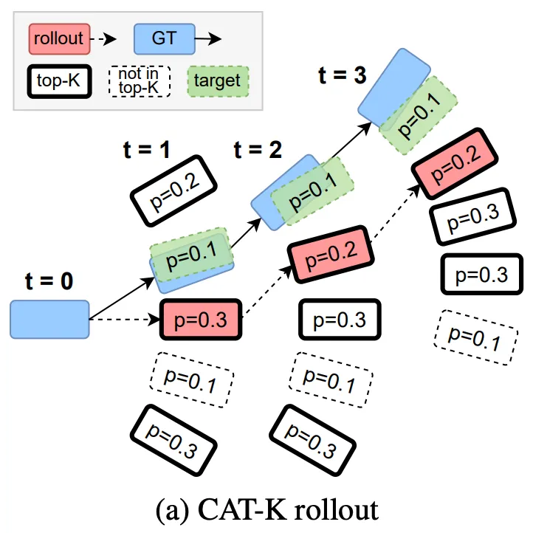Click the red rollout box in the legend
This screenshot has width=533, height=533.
[58, 38]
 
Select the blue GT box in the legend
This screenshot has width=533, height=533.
[163, 38]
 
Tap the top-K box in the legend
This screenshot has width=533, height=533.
[58, 80]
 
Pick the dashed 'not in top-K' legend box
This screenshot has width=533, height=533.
[139, 80]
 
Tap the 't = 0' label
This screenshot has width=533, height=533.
[49, 283]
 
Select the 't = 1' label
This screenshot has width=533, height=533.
[146, 150]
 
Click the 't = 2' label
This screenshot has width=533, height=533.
[258, 150]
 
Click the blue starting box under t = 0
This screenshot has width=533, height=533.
[49, 320]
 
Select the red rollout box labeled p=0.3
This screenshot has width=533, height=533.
[201, 320]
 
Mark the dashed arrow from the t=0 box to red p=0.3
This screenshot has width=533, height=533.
[124, 320]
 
